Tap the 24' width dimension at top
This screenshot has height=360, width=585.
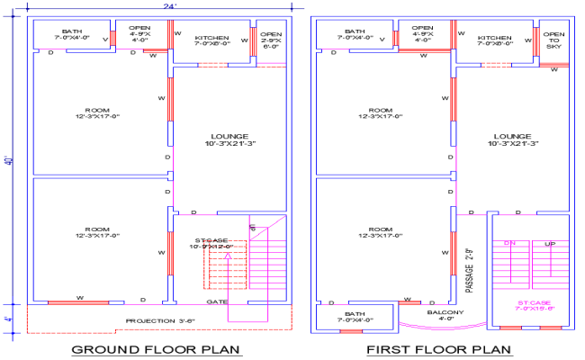point(169,6)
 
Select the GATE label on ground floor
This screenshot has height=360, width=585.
point(216,301)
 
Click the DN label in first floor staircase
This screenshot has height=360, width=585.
point(509,244)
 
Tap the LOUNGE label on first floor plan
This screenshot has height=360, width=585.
point(510,139)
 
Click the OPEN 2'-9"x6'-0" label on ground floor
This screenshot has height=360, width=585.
point(271,39)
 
